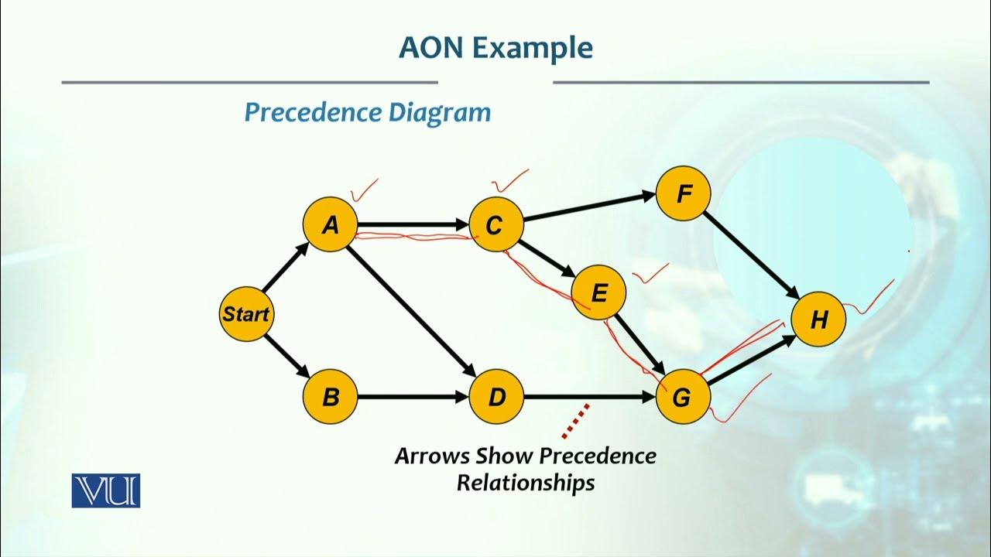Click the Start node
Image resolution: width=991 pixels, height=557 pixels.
click(x=245, y=314)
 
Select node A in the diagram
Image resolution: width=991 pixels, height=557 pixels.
click(x=331, y=225)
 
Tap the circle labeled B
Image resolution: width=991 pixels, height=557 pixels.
click(x=331, y=398)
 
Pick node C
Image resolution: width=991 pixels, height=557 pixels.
click(x=495, y=225)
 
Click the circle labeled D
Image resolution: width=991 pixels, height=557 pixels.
click(x=496, y=398)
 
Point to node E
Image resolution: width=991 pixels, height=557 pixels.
click(x=598, y=293)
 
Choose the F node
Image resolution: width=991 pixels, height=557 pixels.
click(x=683, y=193)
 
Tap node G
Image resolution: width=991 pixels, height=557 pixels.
click(x=682, y=398)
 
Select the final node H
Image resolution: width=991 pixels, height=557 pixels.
click(x=818, y=320)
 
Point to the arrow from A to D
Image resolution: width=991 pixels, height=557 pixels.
click(x=410, y=309)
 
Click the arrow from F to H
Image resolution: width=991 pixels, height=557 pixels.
click(x=751, y=256)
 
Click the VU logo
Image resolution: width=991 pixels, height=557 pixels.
click(x=106, y=490)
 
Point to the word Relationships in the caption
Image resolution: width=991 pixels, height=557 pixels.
click(x=525, y=483)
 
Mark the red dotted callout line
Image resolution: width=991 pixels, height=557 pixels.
click(x=576, y=418)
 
